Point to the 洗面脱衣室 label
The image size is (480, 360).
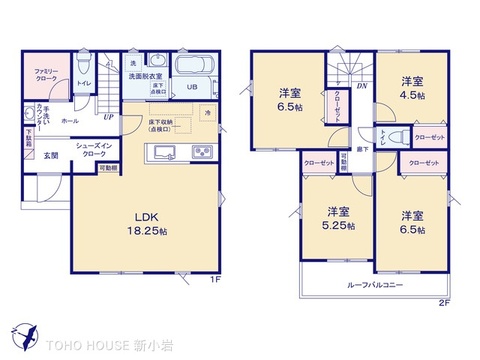[145, 76]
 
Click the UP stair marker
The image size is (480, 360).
[107, 117]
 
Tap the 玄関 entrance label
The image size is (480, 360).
[50, 155]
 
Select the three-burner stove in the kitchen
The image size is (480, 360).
[204, 152]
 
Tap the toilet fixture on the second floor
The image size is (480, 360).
[394, 139]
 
